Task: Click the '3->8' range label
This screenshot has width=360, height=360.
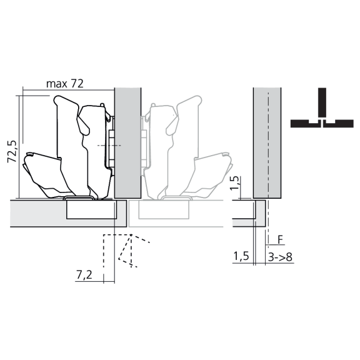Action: point(279,256)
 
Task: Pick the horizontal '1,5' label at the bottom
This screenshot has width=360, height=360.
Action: point(241,256)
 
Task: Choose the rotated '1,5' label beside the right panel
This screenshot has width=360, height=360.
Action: point(234,184)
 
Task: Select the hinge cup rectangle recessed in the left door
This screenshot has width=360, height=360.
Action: point(91,209)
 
